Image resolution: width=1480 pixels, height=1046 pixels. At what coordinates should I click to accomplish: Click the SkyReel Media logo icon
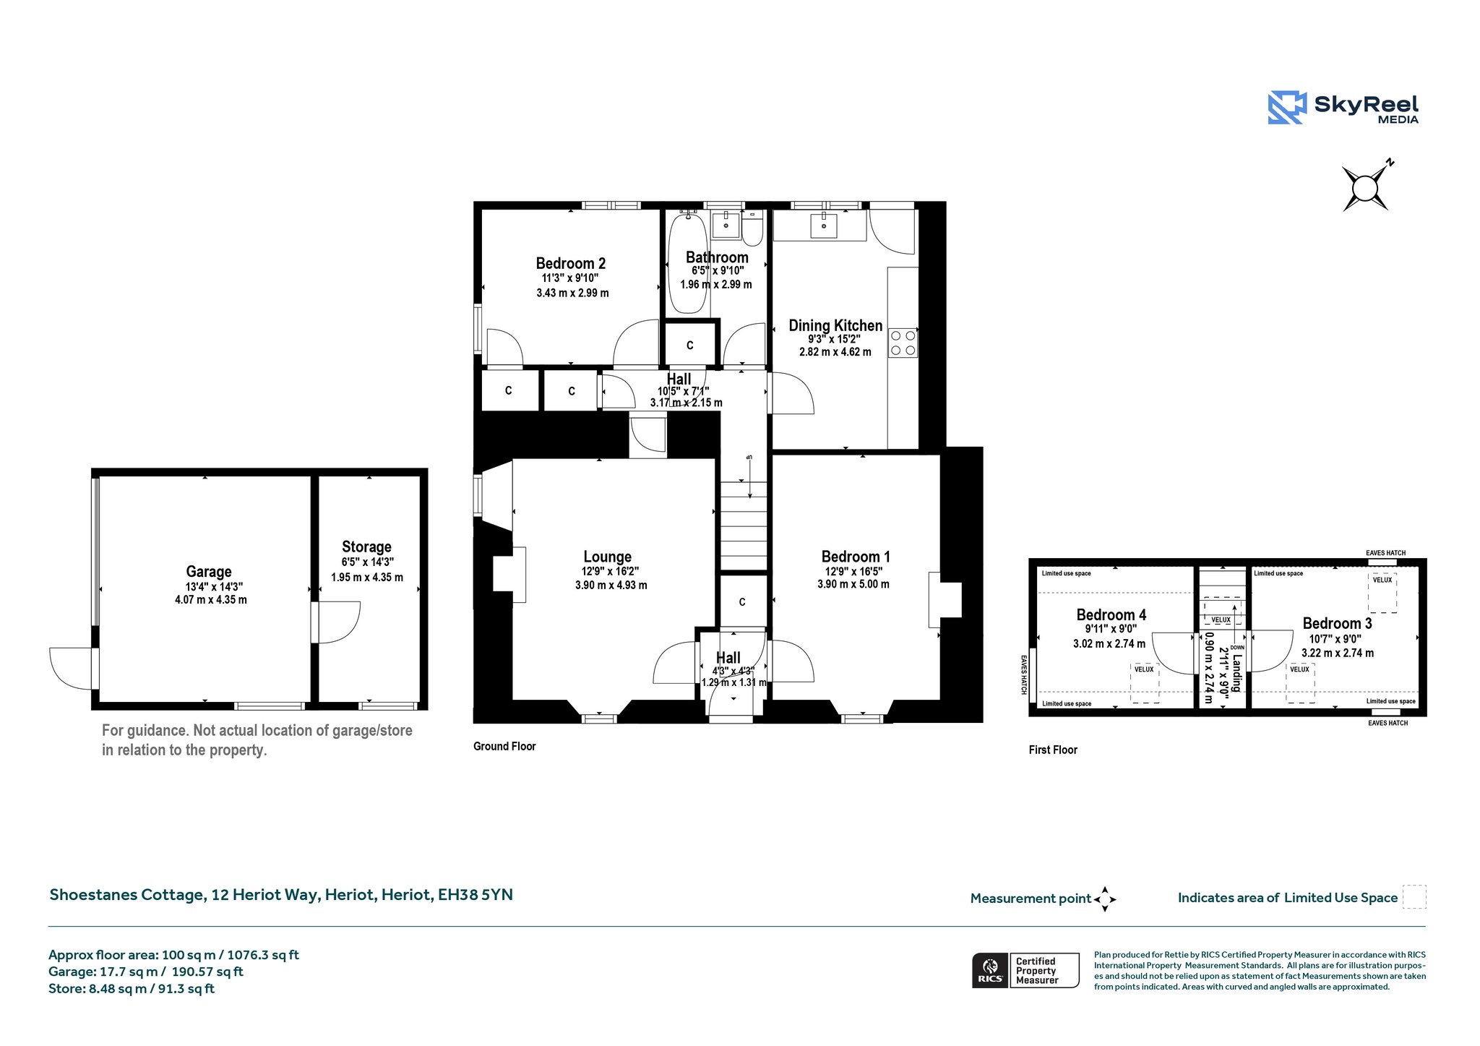click(1287, 108)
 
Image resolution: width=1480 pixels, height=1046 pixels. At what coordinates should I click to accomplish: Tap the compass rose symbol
click(1365, 188)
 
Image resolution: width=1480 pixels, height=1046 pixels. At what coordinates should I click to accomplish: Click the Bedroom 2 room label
click(571, 263)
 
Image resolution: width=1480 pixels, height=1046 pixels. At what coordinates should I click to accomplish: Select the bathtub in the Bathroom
click(688, 263)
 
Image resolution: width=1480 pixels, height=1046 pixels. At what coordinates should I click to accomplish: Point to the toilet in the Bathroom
click(752, 228)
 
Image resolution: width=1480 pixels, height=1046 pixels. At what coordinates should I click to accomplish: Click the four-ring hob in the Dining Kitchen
click(903, 343)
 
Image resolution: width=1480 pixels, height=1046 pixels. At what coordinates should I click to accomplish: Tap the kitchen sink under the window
click(823, 226)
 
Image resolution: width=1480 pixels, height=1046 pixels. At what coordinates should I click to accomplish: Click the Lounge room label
click(608, 557)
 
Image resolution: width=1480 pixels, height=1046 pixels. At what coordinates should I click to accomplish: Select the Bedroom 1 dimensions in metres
click(853, 584)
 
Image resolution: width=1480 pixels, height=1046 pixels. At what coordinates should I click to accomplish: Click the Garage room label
click(209, 572)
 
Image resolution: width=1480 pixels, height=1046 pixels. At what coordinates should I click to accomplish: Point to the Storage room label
click(367, 546)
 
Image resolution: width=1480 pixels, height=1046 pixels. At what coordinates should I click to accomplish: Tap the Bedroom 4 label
click(1111, 615)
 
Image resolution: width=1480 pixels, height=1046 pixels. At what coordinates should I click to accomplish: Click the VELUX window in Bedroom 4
click(1145, 682)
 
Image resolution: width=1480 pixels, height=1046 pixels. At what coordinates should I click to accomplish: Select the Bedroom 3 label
click(1338, 623)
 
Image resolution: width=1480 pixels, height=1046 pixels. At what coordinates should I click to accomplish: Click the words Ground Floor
click(504, 746)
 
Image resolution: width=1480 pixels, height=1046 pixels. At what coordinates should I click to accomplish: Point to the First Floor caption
click(1053, 750)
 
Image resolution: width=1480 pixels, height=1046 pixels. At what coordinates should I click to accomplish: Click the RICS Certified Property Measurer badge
click(1025, 970)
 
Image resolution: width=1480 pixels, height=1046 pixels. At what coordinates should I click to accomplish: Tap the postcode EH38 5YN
click(476, 894)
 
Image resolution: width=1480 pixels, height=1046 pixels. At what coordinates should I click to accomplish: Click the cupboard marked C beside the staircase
click(742, 601)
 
